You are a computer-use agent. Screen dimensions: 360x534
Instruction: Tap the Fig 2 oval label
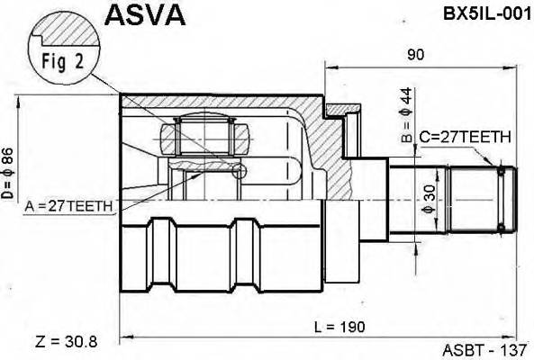click(x=59, y=62)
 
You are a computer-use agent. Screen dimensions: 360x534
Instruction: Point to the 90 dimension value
click(x=415, y=55)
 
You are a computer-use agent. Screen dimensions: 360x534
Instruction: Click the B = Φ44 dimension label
click(x=404, y=116)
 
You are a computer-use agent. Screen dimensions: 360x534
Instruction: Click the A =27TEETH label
click(x=69, y=206)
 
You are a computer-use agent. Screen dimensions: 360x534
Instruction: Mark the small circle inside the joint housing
click(x=240, y=170)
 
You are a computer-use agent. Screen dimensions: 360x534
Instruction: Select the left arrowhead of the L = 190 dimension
click(x=126, y=337)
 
